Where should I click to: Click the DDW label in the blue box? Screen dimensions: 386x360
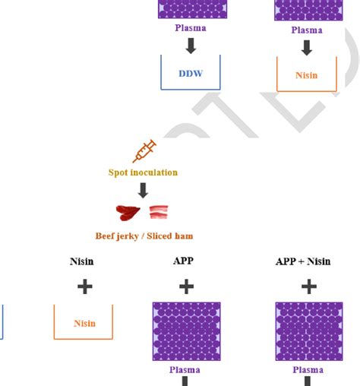point(191,75)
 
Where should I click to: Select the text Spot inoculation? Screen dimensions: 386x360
point(143,172)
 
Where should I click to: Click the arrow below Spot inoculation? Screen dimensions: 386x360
point(143,190)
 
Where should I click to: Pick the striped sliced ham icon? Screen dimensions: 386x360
point(159,214)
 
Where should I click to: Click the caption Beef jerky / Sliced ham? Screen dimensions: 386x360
point(144,236)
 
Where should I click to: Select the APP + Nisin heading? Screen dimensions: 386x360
point(308,261)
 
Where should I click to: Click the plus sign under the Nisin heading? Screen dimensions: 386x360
point(85,286)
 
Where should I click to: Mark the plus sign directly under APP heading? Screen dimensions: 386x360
point(186,286)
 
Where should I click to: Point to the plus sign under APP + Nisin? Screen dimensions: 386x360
point(308,286)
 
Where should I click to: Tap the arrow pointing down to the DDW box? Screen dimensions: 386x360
point(191,46)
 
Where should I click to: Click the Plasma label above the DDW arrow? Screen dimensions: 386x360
point(191,29)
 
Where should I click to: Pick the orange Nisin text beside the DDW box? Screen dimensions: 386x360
point(306,76)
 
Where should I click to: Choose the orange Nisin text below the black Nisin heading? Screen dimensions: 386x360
point(85,323)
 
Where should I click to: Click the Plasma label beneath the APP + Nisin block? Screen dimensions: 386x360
point(308,370)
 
